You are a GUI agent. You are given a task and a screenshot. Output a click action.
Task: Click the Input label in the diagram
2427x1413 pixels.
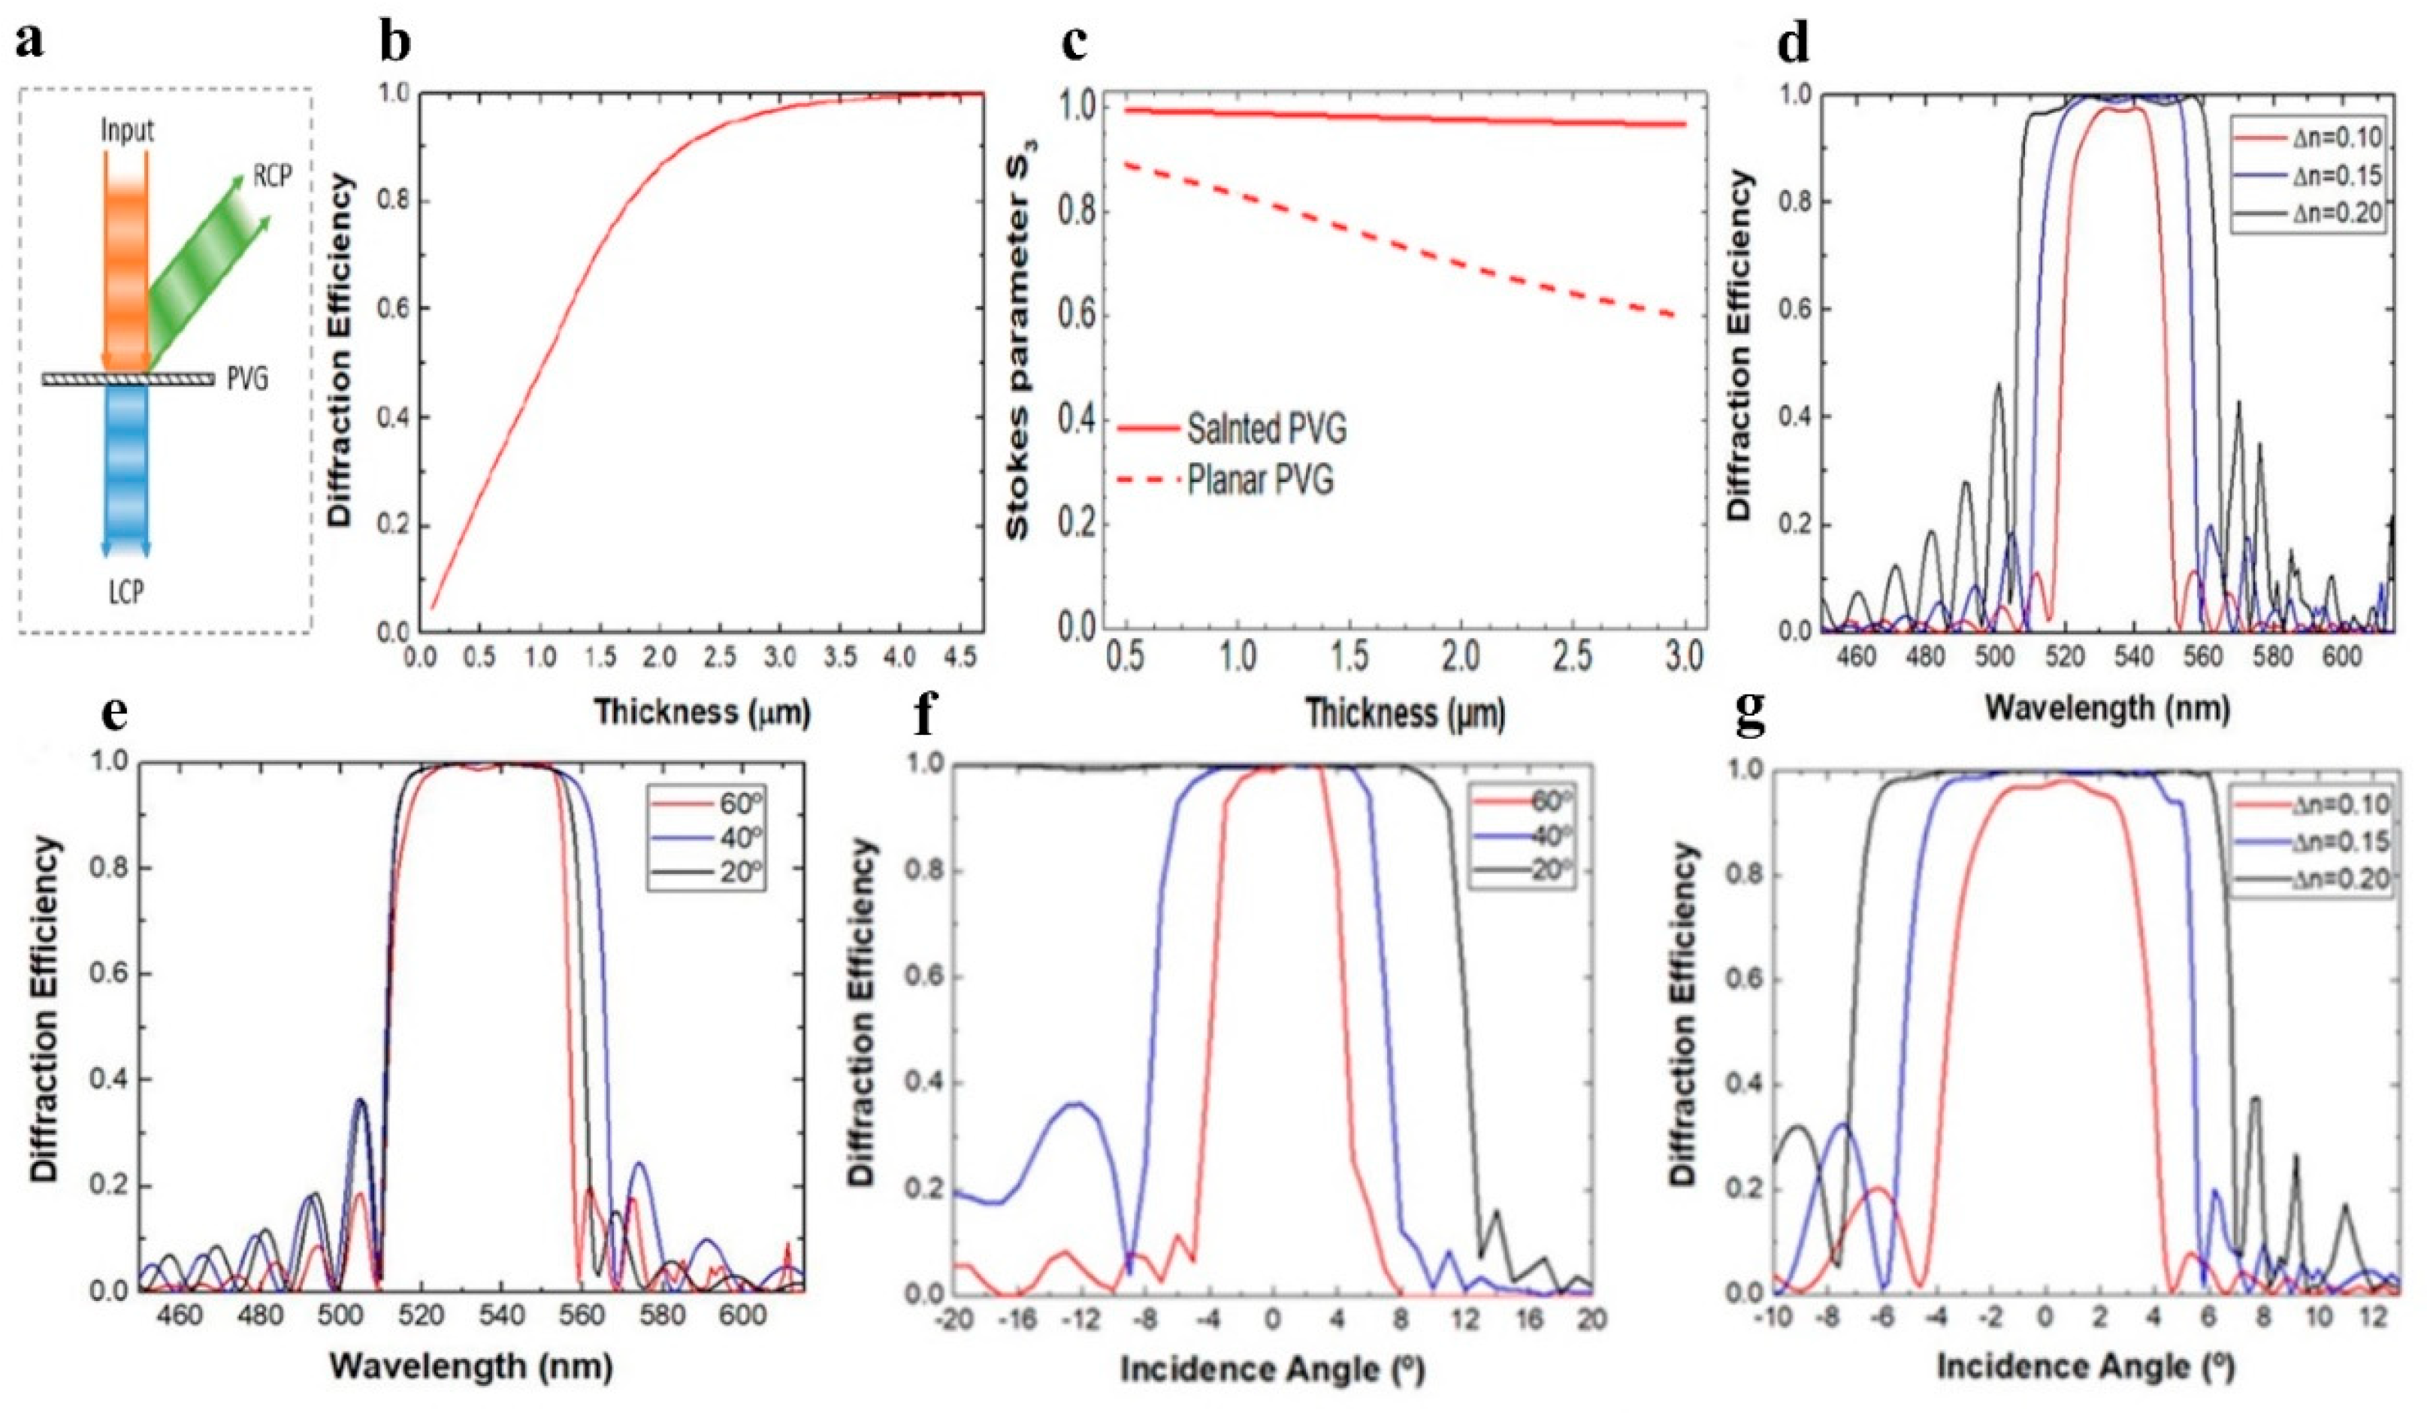127,131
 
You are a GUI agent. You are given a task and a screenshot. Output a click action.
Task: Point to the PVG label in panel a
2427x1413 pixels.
247,380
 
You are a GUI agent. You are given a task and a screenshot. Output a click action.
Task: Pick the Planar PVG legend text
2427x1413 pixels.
1260,479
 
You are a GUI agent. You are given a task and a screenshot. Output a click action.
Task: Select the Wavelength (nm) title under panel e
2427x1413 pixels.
471,1366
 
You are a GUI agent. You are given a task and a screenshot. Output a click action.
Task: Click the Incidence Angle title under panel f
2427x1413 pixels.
1271,1369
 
